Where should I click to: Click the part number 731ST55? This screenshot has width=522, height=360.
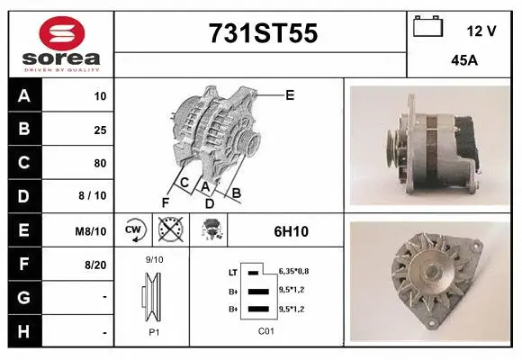pyautogui.click(x=263, y=34)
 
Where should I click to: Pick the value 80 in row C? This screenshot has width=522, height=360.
pyautogui.click(x=100, y=163)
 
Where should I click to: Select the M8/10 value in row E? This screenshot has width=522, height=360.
pyautogui.click(x=93, y=231)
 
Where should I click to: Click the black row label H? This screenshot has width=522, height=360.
pyautogui.click(x=24, y=331)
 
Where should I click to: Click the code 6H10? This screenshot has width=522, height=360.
pyautogui.click(x=291, y=231)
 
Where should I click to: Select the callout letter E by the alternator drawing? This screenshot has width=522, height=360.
pyautogui.click(x=290, y=94)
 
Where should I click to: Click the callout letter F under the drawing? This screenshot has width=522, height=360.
pyautogui.click(x=166, y=201)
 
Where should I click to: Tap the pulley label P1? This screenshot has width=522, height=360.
pyautogui.click(x=153, y=330)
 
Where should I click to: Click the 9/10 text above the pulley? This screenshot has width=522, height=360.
pyautogui.click(x=154, y=260)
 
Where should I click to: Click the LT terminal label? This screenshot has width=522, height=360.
pyautogui.click(x=232, y=271)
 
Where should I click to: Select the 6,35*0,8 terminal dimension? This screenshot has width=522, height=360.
pyautogui.click(x=294, y=270)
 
